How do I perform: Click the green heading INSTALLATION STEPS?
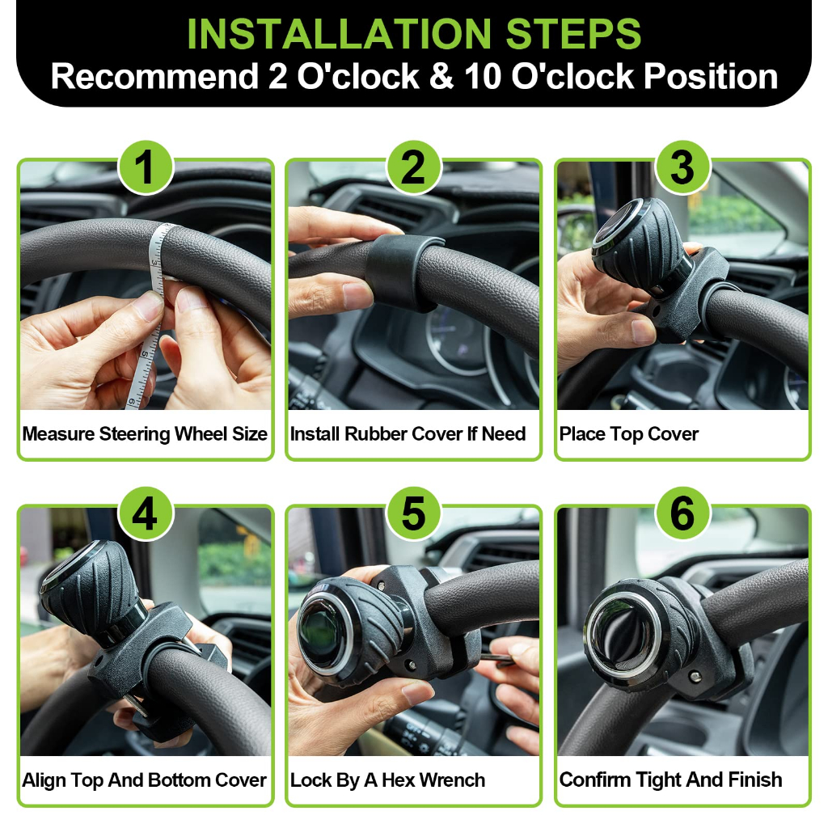pos(414,33)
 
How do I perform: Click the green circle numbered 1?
pos(146,167)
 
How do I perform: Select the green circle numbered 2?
pos(414,167)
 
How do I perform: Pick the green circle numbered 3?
pos(682,167)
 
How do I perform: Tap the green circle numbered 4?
pos(146,513)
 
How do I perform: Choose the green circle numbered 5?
pos(414,513)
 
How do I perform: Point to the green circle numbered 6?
pos(682,513)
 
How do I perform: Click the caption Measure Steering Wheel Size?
pos(145,434)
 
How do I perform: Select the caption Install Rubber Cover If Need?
pos(408,434)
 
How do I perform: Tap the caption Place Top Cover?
pos(628,434)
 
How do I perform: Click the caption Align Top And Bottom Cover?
pos(144,780)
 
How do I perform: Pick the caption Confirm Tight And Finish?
pos(670,780)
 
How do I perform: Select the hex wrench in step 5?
pos(496,657)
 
